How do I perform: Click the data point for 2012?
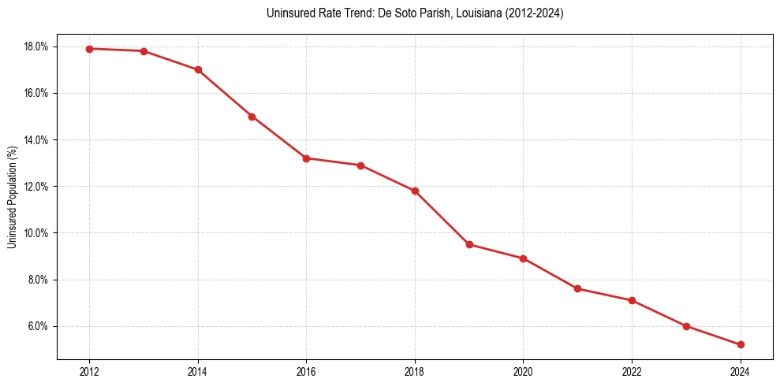tap(89, 49)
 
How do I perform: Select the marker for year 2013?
tap(144, 51)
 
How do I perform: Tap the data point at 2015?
tap(252, 117)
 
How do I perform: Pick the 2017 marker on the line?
tap(360, 165)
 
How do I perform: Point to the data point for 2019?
tap(469, 244)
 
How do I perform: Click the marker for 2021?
tap(577, 289)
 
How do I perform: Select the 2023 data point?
tap(686, 326)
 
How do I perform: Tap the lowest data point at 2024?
tap(741, 345)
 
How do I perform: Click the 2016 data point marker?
tap(306, 158)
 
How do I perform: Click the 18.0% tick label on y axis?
tap(36, 46)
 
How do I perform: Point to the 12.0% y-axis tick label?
tap(36, 187)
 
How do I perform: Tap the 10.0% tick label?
tap(36, 233)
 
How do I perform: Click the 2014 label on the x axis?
tap(198, 372)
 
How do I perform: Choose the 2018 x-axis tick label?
tap(415, 372)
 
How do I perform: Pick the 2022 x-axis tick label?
tap(632, 372)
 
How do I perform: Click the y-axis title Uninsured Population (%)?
tap(12, 197)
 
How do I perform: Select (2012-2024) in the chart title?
tap(533, 13)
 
